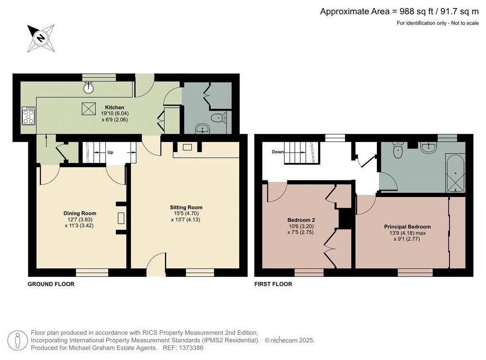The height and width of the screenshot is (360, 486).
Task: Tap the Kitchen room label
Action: pyautogui.click(x=115, y=107)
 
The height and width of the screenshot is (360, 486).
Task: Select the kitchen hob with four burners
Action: pyautogui.click(x=28, y=116)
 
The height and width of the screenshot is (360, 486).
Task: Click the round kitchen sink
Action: pyautogui.click(x=89, y=88)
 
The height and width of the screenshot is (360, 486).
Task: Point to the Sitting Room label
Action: pyautogui.click(x=186, y=208)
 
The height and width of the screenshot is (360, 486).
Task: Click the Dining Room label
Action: pyautogui.click(x=80, y=213)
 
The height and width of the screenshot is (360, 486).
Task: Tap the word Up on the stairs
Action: pyautogui.click(x=110, y=152)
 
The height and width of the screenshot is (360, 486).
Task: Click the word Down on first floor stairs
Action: pyautogui.click(x=278, y=152)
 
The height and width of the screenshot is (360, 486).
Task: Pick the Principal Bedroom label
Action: pyautogui.click(x=407, y=227)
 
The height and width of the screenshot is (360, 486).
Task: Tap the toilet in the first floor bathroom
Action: pyautogui.click(x=397, y=150)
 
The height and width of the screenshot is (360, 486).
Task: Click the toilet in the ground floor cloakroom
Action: pyautogui.click(x=219, y=117)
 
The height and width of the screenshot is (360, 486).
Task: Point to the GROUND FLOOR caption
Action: pyautogui.click(x=51, y=284)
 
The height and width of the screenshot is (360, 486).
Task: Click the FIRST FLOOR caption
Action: pyautogui.click(x=273, y=284)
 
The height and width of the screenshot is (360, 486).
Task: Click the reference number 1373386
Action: pyautogui.click(x=191, y=348)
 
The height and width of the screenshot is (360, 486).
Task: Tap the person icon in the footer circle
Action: pyautogui.click(x=18, y=341)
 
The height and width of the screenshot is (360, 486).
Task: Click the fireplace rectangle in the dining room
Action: pyautogui.click(x=121, y=218)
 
